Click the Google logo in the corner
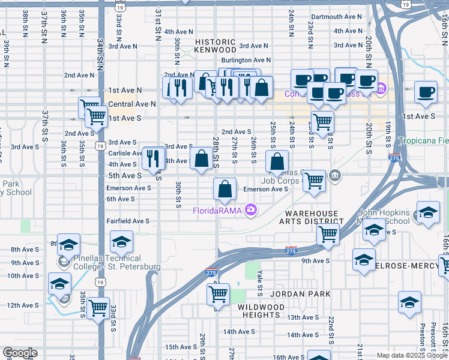coord(20,353)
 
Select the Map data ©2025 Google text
coord(411,355)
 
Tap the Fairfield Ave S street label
coord(128,221)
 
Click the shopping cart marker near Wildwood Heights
coord(217,295)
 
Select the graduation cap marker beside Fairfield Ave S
coord(121,242)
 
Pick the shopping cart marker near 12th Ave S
coord(98,308)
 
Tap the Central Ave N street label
coord(132,104)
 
